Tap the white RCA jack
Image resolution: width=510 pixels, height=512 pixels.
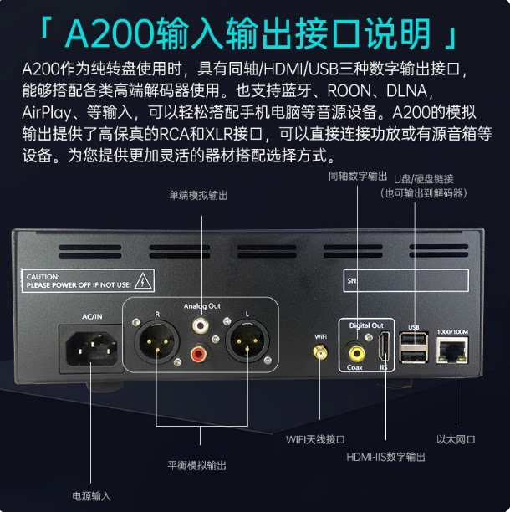tap(201, 323)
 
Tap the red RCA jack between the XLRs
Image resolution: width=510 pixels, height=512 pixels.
tap(201, 356)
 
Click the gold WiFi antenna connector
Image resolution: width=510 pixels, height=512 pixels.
tap(320, 353)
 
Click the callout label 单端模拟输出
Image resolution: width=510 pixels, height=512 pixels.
tap(198, 195)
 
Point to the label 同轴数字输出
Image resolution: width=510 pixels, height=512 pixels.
tap(359, 177)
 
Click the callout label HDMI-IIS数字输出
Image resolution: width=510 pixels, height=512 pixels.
tap(385, 457)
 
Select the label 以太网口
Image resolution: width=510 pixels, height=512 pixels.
tap(455, 438)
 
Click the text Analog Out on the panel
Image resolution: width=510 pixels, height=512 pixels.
tap(201, 307)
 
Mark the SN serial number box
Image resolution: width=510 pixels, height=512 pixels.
tap(407, 281)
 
